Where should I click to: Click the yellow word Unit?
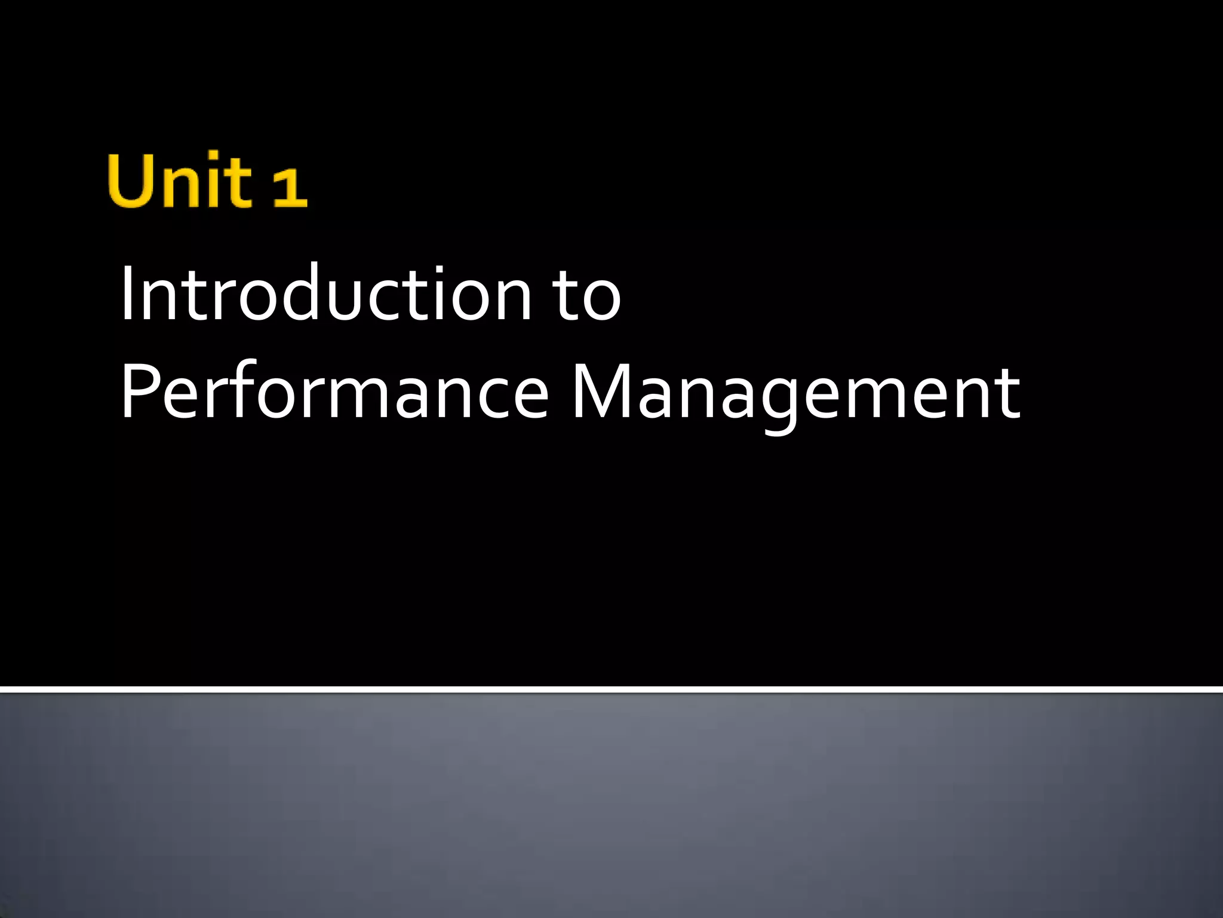pyautogui.click(x=179, y=181)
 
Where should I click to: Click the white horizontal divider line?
pyautogui.click(x=611, y=690)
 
